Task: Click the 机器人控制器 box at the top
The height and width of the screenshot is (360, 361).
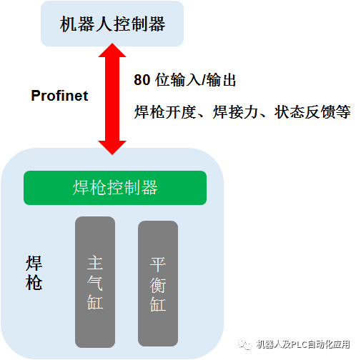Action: tap(113, 24)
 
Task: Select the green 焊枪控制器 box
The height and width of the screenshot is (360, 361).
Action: tap(115, 188)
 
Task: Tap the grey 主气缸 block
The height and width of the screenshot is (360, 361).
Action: tap(95, 281)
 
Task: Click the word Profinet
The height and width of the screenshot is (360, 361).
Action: tap(59, 96)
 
